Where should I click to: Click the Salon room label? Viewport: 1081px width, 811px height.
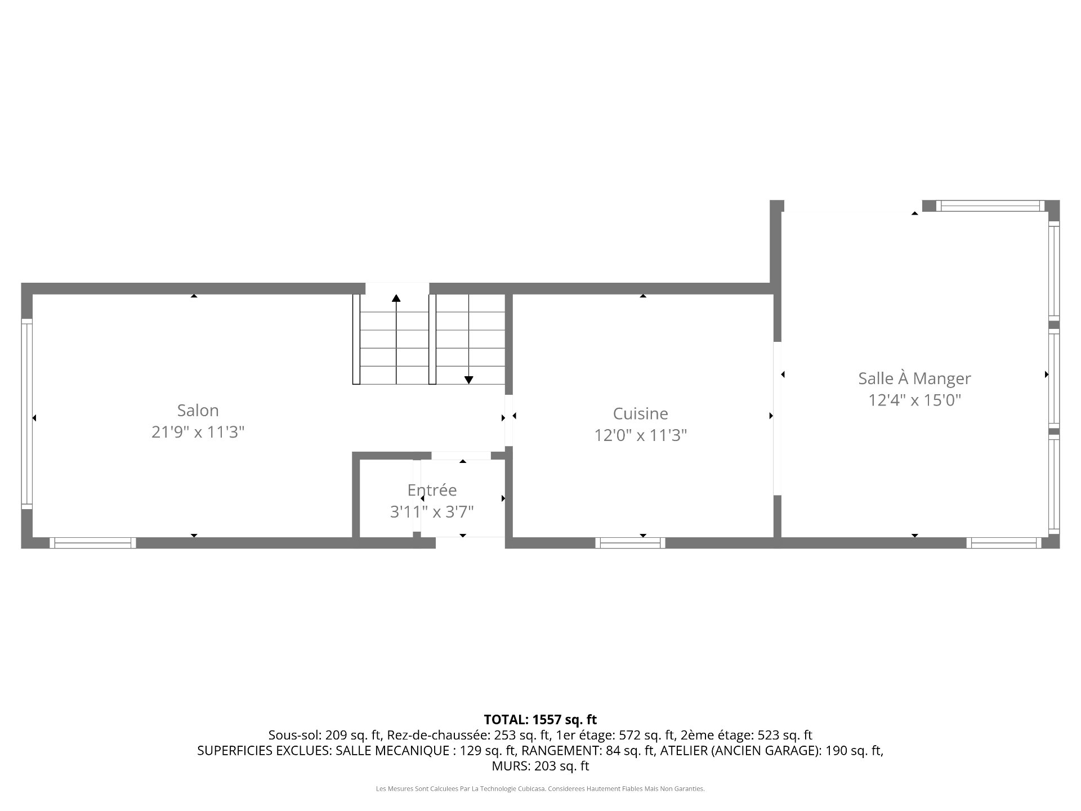pyautogui.click(x=198, y=410)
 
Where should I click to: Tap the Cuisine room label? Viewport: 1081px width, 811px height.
pyautogui.click(x=641, y=413)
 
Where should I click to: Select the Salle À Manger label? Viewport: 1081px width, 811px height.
pyautogui.click(x=914, y=378)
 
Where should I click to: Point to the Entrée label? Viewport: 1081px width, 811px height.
pyautogui.click(x=432, y=490)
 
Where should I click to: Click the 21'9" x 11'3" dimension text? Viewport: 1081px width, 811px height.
pyautogui.click(x=198, y=432)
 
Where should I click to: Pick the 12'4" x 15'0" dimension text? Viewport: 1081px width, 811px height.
pyautogui.click(x=914, y=400)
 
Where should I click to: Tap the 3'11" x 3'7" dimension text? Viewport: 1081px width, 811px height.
pyautogui.click(x=432, y=511)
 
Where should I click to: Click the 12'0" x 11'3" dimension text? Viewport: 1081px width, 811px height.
pyautogui.click(x=641, y=435)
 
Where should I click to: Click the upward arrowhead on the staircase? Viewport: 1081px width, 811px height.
pyautogui.click(x=396, y=298)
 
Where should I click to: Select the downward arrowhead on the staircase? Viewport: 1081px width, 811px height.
pyautogui.click(x=468, y=380)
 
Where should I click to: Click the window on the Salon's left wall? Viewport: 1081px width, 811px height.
pyautogui.click(x=26, y=414)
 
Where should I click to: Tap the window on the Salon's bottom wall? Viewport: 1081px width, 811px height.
pyautogui.click(x=93, y=543)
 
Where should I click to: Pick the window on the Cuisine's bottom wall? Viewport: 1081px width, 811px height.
pyautogui.click(x=631, y=543)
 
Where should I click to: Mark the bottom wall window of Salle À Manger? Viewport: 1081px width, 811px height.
pyautogui.click(x=1004, y=543)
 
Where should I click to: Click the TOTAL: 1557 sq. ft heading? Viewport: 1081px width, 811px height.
pyautogui.click(x=540, y=719)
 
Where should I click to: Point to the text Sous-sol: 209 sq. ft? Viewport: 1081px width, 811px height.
pyautogui.click(x=324, y=735)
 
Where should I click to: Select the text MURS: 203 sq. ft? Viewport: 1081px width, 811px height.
pyautogui.click(x=540, y=766)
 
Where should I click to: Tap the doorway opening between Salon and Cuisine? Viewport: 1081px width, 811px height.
pyautogui.click(x=509, y=420)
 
